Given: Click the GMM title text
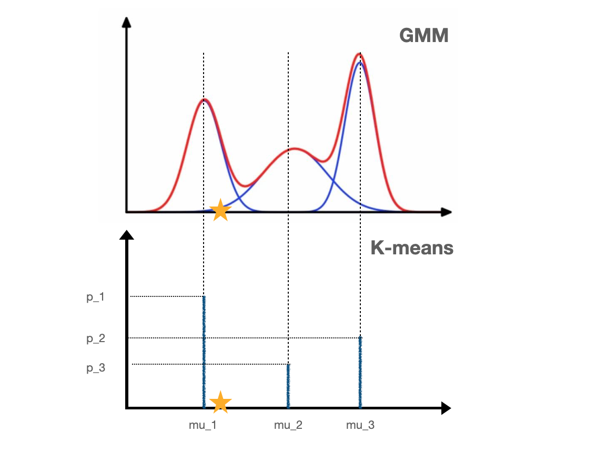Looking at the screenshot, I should coord(423,36).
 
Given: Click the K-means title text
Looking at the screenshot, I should coord(412,247).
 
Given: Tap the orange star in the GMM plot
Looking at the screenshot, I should coord(221,211).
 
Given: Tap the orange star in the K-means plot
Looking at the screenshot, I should coord(221,402).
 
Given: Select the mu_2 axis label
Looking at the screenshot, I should coord(288,425).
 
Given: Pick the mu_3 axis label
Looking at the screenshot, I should coord(360,425).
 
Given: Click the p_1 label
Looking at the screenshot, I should coord(96,297).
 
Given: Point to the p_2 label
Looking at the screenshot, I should coord(96,338).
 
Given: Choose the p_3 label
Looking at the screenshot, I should coord(96,368).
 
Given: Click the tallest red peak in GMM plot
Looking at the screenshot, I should coord(360,54).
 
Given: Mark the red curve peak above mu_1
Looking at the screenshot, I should coord(204,99).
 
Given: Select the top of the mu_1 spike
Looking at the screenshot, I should coord(204,297).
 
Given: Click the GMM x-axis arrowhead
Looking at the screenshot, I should coord(447,212).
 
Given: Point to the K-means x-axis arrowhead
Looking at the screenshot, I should coord(446,408).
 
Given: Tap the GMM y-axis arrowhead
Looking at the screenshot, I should coord(126,22).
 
